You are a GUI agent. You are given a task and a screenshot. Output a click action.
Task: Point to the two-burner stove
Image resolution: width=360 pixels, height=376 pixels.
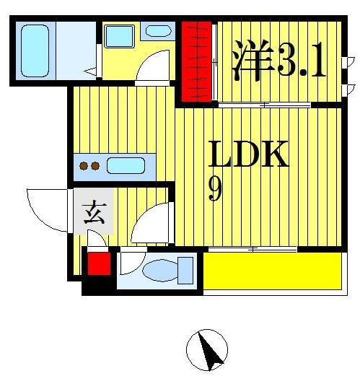(x=89, y=166)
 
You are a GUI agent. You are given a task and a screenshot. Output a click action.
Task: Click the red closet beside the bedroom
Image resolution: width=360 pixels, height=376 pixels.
(x=196, y=61)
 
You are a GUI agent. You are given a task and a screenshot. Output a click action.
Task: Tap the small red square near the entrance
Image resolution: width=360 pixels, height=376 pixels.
(x=99, y=263)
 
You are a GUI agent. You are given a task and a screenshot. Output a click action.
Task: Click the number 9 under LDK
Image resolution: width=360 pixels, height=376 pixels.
(x=214, y=189)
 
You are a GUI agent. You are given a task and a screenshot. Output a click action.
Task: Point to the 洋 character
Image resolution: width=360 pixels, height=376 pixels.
(x=250, y=58)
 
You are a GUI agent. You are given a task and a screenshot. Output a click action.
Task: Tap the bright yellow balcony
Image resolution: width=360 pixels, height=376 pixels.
(x=272, y=271)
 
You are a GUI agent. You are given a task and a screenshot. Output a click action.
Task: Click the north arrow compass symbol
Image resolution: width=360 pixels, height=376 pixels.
(x=207, y=351)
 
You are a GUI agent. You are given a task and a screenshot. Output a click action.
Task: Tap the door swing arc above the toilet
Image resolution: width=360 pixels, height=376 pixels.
(x=152, y=224)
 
